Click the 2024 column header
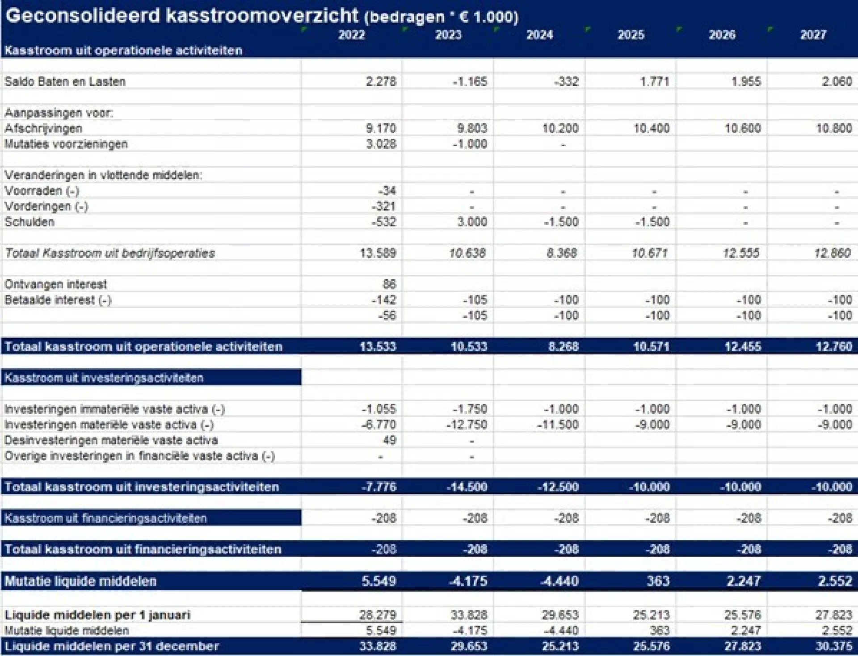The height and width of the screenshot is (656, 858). [x=539, y=35]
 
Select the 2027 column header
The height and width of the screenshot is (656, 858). [x=813, y=35]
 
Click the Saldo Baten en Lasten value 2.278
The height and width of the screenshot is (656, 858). [x=381, y=82]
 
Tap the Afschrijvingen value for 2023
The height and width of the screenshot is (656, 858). [x=472, y=129]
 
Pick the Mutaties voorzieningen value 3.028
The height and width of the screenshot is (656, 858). [x=381, y=144]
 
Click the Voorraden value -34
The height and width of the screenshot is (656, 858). [x=387, y=191]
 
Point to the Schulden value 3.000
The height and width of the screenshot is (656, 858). [x=472, y=222]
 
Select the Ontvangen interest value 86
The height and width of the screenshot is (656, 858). [x=389, y=284]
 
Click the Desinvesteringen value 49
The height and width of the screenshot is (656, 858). [x=389, y=440]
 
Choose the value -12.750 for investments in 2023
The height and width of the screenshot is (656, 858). [x=467, y=425]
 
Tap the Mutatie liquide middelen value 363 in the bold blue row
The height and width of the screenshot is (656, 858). [x=658, y=581]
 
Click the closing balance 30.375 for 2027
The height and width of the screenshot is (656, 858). [x=834, y=646]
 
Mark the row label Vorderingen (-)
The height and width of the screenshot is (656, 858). [x=46, y=206]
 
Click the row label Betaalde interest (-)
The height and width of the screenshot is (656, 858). [x=58, y=300]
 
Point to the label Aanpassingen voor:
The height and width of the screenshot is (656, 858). [x=59, y=113]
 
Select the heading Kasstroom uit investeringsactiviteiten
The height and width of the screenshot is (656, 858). [x=104, y=378]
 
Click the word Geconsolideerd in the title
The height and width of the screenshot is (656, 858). [x=83, y=16]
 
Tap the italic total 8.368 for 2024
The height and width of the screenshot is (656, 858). [x=562, y=253]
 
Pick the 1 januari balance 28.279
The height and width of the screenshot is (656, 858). [x=378, y=615]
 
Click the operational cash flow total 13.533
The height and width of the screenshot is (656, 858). [x=378, y=347]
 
